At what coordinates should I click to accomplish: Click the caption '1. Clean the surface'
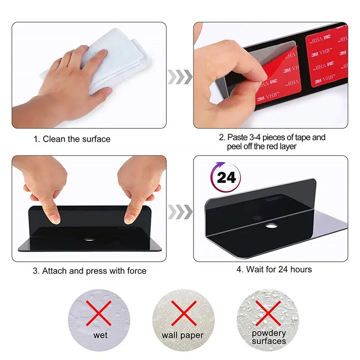[x=72, y=139]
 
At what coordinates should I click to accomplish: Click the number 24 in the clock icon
[x=226, y=178]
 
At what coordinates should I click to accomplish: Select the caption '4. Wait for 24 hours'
[x=274, y=269]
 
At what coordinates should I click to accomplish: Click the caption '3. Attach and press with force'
[x=90, y=271]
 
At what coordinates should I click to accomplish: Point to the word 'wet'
[x=100, y=335]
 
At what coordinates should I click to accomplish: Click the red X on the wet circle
[x=99, y=313]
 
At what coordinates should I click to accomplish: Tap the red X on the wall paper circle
[x=184, y=313]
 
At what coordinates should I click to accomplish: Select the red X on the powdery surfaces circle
[x=268, y=313]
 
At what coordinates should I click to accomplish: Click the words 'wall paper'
[x=183, y=335]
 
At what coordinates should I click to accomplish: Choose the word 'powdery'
[x=269, y=333]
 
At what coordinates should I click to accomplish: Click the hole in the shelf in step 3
[x=89, y=240]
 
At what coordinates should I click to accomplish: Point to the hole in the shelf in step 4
[x=271, y=226]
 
